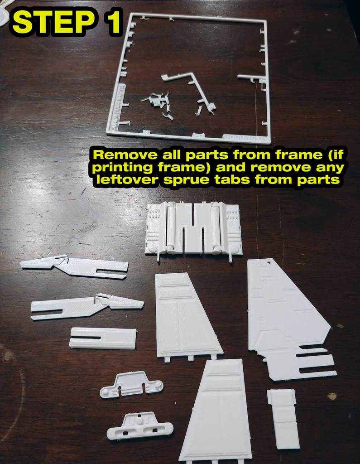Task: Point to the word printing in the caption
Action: click(x=120, y=167)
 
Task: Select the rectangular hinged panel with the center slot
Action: click(x=193, y=229)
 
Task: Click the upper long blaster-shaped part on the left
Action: click(x=75, y=267)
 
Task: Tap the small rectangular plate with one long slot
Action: click(x=103, y=338)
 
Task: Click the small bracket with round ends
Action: click(x=131, y=384)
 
